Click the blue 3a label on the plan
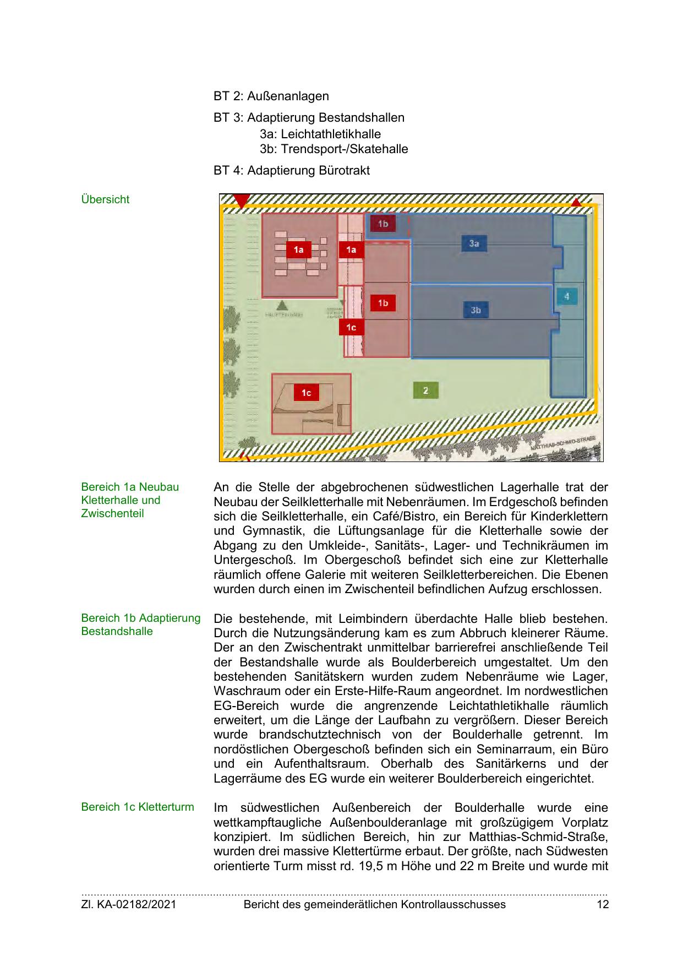(474, 243)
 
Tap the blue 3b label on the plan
(476, 310)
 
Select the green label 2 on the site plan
(425, 390)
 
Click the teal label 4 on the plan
(566, 297)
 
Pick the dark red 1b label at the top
(383, 224)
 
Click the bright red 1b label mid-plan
(383, 303)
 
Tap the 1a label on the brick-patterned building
(298, 250)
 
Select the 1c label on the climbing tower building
(306, 393)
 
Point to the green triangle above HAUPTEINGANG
(282, 305)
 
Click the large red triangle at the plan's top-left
(241, 200)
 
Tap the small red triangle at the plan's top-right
(576, 203)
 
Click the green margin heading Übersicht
(105, 199)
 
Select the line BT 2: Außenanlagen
(271, 96)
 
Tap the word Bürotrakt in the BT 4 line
(344, 170)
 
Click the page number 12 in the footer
(603, 904)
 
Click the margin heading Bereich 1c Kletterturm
(137, 807)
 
